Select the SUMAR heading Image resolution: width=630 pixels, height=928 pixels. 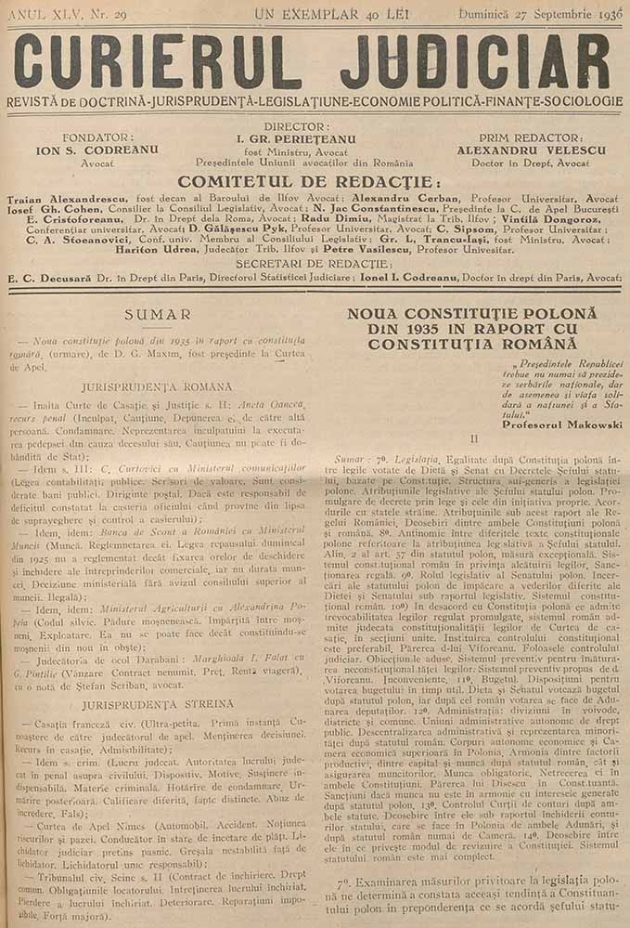(x=158, y=315)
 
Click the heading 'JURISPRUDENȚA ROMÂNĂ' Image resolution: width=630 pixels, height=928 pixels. (x=158, y=384)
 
